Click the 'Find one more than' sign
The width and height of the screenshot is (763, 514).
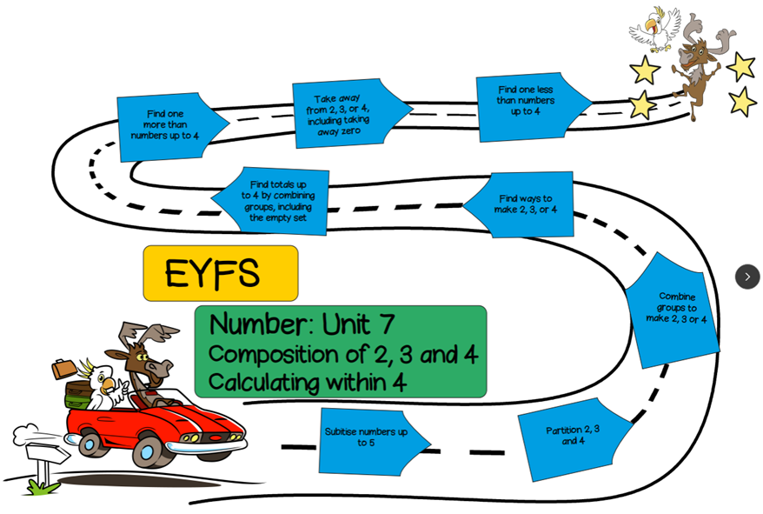click(x=166, y=126)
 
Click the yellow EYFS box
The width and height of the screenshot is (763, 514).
click(x=220, y=273)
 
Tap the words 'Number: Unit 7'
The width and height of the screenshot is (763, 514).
click(x=302, y=324)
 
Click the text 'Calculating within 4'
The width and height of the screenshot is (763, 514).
click(x=307, y=382)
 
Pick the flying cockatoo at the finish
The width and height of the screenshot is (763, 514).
click(x=656, y=28)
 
